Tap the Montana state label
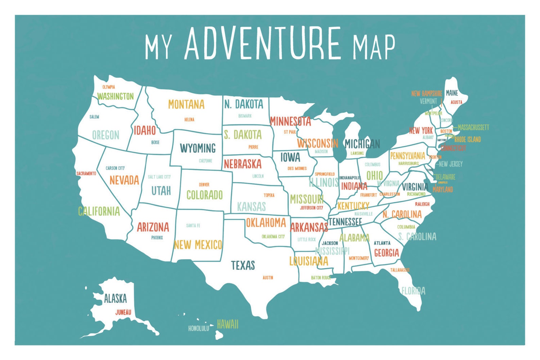point(186,104)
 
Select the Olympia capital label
point(109,87)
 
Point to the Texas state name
point(243,265)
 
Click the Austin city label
point(268,278)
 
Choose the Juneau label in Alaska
point(123,312)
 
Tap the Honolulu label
point(199,328)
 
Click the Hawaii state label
point(227,324)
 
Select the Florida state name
point(413,291)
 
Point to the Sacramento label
point(86,173)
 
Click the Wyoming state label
point(198,148)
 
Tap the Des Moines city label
point(297,168)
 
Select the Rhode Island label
point(468,139)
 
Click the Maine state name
point(452,93)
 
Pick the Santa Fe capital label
point(193,225)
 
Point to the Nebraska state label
point(242,164)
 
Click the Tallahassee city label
point(400,270)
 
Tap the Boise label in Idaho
point(155,142)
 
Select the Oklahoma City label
point(273,237)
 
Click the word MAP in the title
point(373,47)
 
